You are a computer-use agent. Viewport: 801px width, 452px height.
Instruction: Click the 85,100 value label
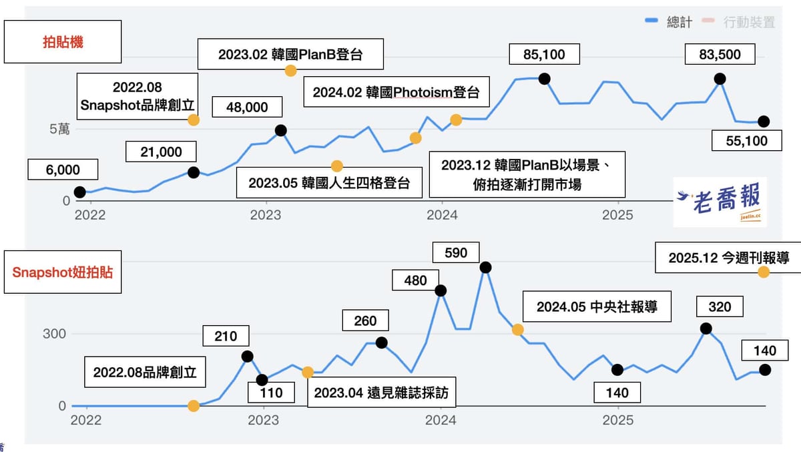tap(544, 54)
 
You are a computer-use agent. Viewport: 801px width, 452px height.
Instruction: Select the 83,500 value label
tap(720, 54)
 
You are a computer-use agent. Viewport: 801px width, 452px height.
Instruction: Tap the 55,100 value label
tap(747, 141)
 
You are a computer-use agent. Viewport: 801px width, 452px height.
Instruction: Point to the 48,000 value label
tap(247, 107)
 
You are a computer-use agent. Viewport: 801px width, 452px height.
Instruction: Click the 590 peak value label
tap(456, 253)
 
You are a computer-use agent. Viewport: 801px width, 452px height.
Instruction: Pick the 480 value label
tap(415, 280)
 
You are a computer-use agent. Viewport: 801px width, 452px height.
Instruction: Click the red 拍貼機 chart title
tap(63, 42)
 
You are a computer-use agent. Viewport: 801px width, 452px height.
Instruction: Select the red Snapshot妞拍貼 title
tap(63, 272)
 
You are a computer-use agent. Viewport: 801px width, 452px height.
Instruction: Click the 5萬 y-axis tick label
tap(59, 129)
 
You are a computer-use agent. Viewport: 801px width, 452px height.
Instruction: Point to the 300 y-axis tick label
tap(54, 334)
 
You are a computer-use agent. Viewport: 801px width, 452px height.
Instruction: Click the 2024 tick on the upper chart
tap(442, 215)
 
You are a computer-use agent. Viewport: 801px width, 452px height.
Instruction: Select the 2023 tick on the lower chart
tap(263, 420)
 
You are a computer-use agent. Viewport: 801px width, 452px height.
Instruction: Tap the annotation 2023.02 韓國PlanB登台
tap(291, 54)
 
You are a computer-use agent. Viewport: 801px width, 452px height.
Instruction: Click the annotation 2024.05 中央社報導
tap(597, 306)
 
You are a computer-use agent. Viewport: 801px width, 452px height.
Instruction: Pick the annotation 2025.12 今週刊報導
tap(728, 258)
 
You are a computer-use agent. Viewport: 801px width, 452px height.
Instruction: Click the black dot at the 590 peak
tap(485, 267)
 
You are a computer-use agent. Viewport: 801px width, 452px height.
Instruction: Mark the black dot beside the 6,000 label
tap(79, 192)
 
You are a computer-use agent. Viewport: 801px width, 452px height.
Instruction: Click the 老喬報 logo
tap(720, 202)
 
